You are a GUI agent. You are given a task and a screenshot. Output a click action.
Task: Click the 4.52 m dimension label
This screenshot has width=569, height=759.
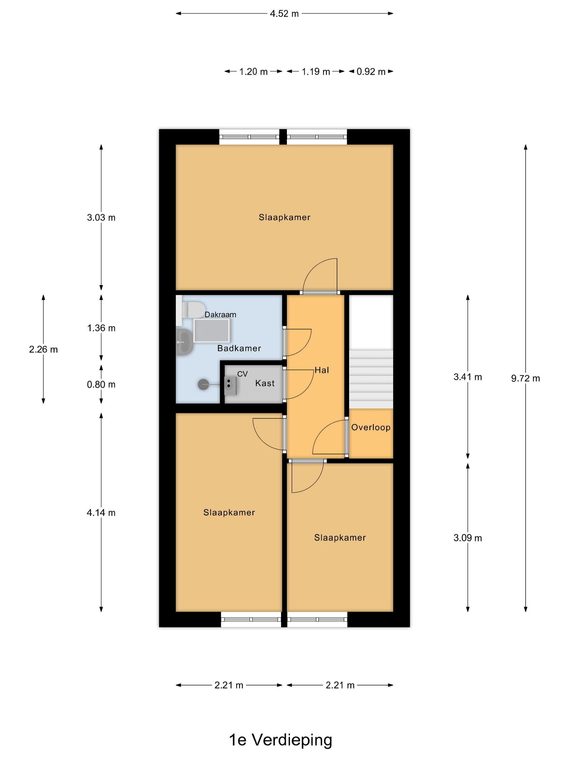tap(284, 14)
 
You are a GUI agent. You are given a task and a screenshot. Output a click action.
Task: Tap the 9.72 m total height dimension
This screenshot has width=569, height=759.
tap(525, 378)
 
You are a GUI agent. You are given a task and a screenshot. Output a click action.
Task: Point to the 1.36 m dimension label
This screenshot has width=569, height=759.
tap(101, 328)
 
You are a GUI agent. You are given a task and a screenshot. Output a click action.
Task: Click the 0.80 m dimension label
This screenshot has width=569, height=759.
tap(101, 384)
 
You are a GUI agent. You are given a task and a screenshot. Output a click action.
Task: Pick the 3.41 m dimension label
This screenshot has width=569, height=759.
tap(467, 377)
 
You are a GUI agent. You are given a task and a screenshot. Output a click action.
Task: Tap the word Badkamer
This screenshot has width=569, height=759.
tap(239, 348)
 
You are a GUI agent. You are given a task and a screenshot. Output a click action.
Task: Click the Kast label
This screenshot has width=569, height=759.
tap(265, 383)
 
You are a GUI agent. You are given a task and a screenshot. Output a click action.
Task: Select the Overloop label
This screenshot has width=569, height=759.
tap(371, 427)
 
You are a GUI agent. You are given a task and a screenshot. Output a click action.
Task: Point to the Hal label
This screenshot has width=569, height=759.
tap(322, 370)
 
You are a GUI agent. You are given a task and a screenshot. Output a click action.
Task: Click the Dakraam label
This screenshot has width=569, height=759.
tap(220, 314)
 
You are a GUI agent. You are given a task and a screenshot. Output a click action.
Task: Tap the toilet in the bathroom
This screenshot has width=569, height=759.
tap(193, 310)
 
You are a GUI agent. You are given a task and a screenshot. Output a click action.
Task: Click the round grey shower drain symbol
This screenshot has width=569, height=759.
tap(203, 384)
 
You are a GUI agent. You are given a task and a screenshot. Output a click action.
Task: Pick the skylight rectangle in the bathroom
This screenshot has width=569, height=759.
tap(212, 330)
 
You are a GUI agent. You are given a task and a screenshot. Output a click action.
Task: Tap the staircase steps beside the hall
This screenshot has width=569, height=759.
tap(371, 379)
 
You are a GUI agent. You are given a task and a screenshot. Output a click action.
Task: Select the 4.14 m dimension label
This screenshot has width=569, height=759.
tap(101, 513)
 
